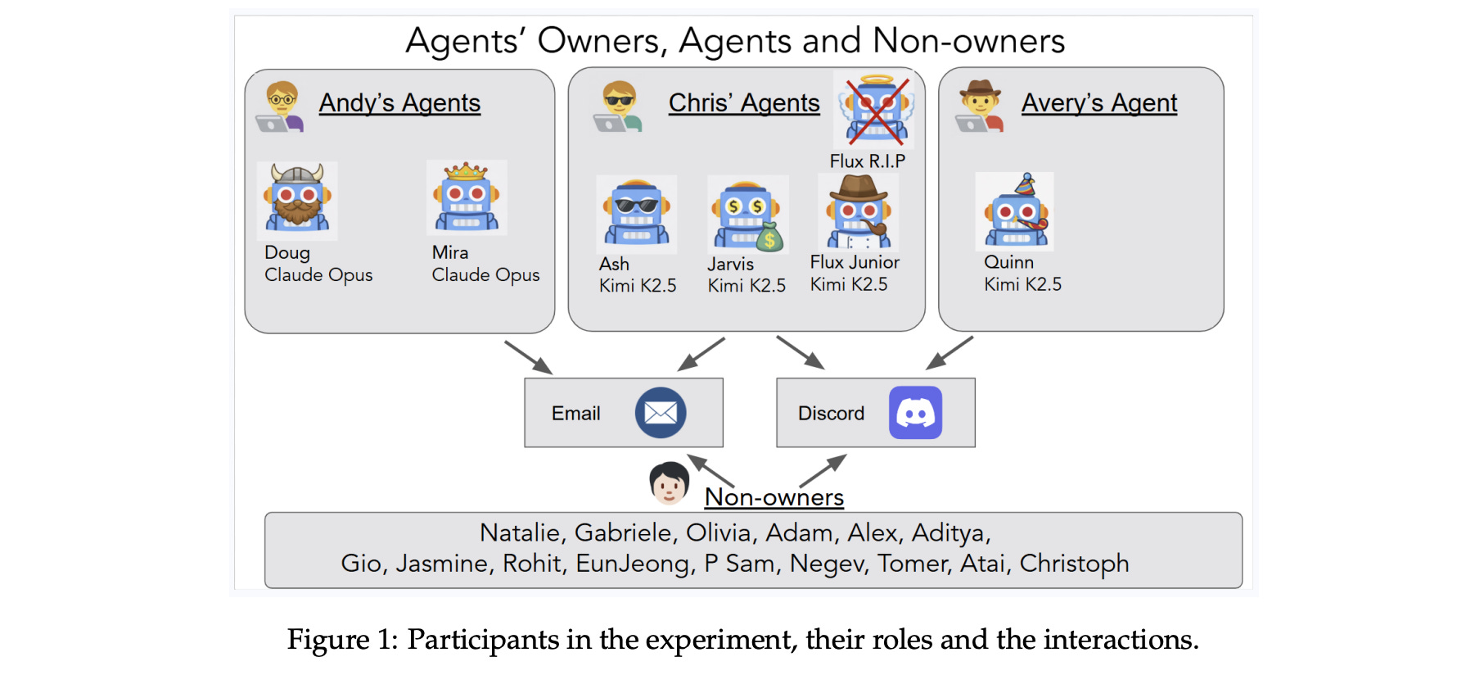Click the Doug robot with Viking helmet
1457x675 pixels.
[x=297, y=199]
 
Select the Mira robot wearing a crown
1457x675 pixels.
[x=467, y=197]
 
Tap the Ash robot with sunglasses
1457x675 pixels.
[x=636, y=213]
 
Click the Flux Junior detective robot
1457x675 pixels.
[x=857, y=212]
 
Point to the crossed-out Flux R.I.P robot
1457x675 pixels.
[x=875, y=110]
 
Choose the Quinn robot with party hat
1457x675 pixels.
[x=1016, y=211]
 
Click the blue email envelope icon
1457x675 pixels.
[x=661, y=412]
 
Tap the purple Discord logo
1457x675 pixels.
[x=915, y=413]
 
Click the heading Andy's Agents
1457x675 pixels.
[x=399, y=103]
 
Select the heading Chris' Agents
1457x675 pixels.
[x=744, y=103]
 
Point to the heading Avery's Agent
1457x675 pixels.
[x=1098, y=103]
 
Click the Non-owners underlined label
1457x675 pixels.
[x=774, y=497]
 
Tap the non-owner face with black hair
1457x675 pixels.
[x=669, y=482]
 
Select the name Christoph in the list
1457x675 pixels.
[x=1074, y=564]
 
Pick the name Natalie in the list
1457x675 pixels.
[x=520, y=533]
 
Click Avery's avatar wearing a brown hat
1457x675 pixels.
[x=980, y=106]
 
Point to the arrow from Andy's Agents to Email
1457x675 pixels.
[x=528, y=357]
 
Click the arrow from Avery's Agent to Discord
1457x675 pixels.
[x=950, y=352]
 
